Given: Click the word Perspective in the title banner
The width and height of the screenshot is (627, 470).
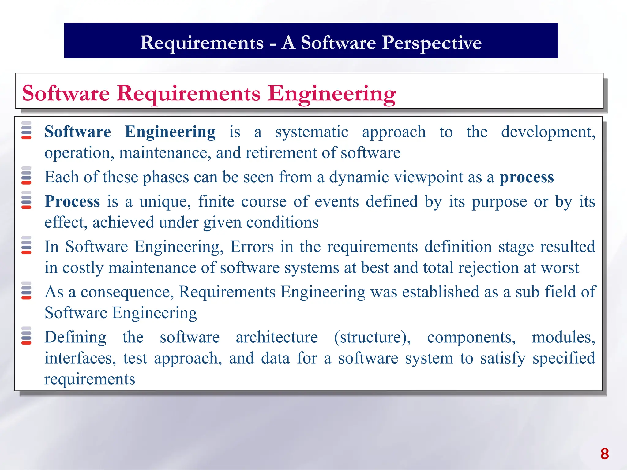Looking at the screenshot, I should [x=432, y=43].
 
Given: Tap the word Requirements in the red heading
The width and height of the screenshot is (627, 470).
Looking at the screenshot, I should [x=189, y=93].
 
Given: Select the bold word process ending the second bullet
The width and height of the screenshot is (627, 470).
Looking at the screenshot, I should [x=527, y=177].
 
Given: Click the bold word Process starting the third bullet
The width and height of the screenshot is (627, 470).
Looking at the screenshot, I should [x=72, y=201].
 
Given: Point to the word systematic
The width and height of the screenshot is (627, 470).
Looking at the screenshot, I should [x=312, y=132].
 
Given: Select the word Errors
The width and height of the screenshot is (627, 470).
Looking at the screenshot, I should [x=252, y=247].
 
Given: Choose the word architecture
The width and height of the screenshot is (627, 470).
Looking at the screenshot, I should [x=277, y=338].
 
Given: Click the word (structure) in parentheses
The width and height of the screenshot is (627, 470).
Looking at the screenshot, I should [x=372, y=338].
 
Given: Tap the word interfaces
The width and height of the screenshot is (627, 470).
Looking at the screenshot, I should [x=80, y=358].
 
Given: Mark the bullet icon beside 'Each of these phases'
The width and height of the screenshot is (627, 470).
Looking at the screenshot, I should [x=26, y=176].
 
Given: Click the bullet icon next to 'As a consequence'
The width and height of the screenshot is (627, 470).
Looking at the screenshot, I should [x=26, y=290].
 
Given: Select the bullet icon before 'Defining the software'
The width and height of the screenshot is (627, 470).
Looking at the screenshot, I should [x=26, y=336].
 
